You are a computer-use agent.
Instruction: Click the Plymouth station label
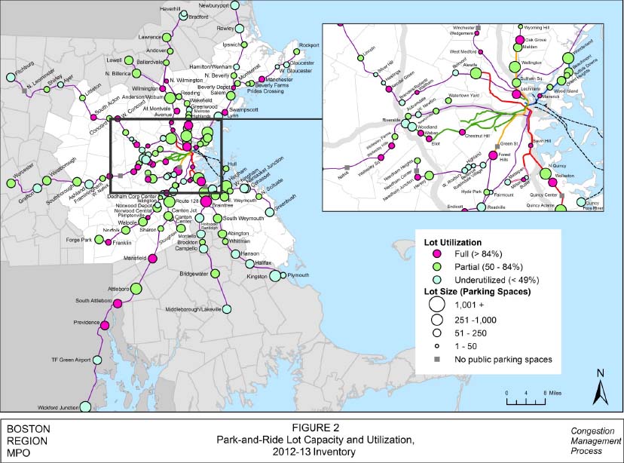tap(298, 275)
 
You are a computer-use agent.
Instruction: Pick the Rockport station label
tap(309, 45)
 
